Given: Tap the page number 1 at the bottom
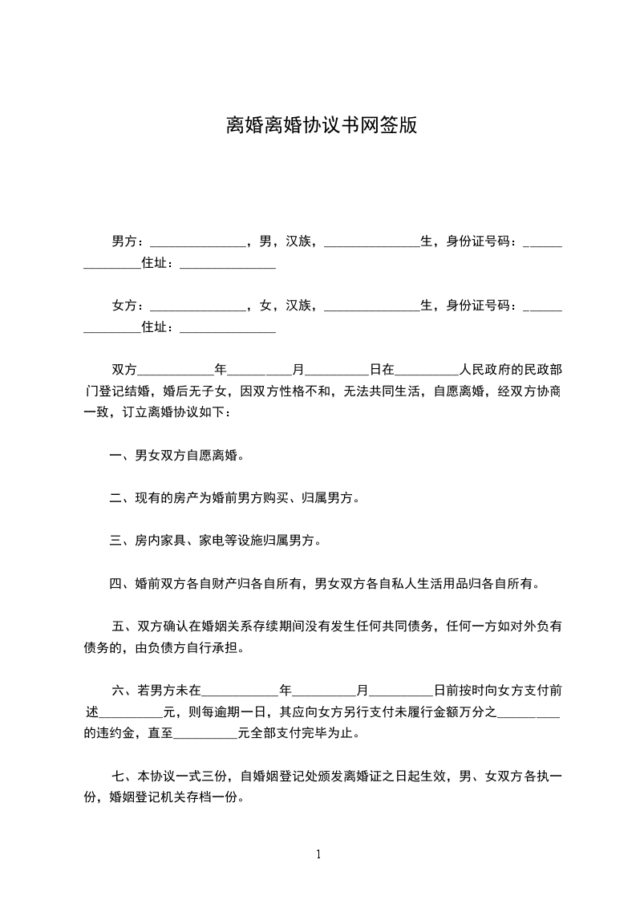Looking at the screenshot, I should point(318,853).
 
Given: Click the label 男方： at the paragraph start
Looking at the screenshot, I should point(128,241).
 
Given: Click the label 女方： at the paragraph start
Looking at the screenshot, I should point(128,305).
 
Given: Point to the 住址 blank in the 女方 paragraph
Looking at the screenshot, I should point(228,327).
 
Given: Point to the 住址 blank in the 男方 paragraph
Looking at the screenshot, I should point(228,263).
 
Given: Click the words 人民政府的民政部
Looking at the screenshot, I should point(510,370).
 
